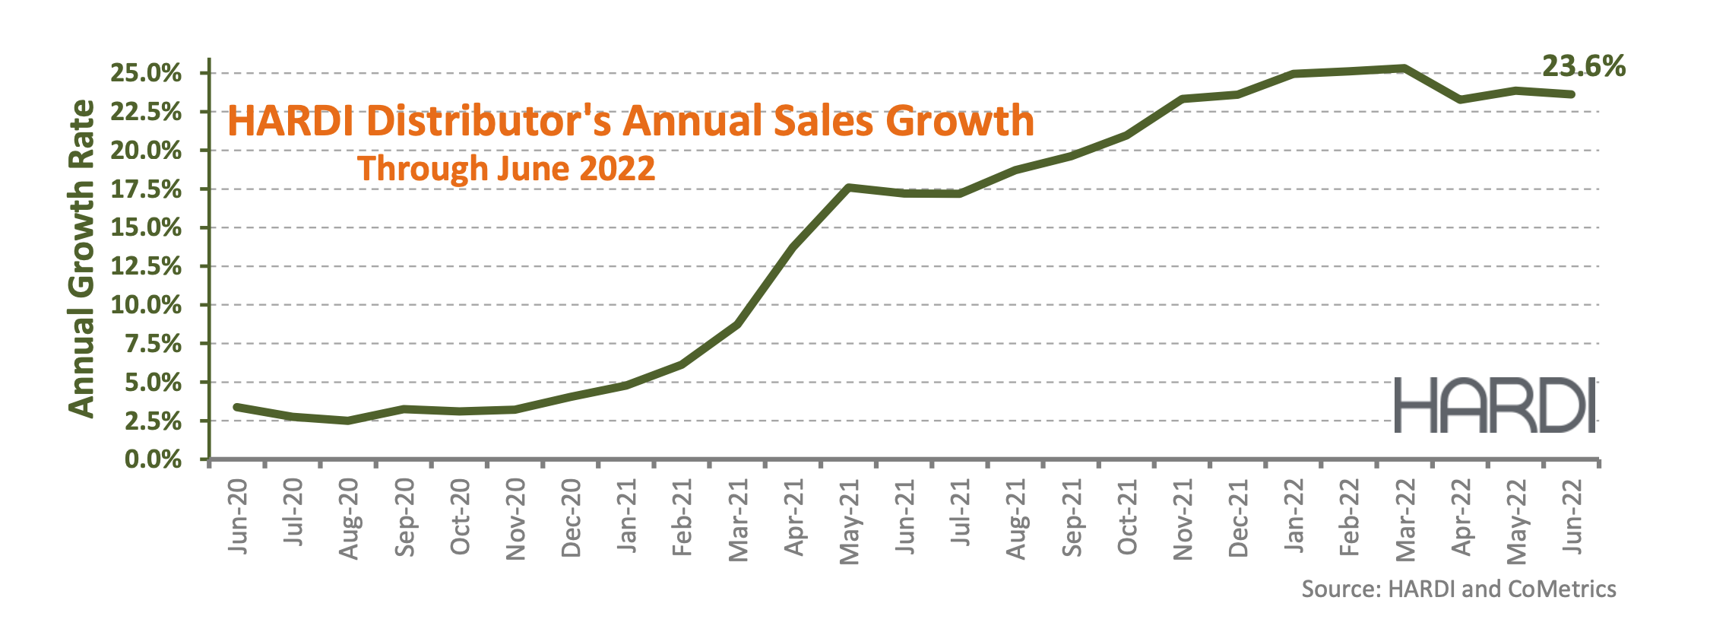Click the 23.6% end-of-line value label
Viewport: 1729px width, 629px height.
click(1584, 67)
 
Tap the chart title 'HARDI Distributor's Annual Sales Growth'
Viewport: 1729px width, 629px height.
click(631, 122)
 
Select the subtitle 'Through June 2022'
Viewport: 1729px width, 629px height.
click(506, 168)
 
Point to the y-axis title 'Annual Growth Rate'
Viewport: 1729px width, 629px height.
click(82, 259)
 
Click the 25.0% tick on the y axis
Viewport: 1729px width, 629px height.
click(146, 74)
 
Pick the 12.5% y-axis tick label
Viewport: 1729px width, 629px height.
click(146, 267)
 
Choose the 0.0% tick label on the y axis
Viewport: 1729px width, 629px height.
click(153, 459)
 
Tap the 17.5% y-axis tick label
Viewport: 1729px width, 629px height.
click(146, 189)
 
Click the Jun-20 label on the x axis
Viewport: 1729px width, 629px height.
click(239, 516)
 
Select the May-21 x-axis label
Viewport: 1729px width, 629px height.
click(850, 522)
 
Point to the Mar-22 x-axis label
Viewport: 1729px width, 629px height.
click(1406, 520)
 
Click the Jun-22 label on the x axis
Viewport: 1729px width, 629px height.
click(1572, 516)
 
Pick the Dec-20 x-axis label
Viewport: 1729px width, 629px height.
click(572, 519)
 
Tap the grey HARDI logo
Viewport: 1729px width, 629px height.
click(1494, 405)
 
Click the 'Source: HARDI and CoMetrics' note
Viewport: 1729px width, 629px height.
click(1458, 589)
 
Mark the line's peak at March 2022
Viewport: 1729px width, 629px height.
click(1404, 68)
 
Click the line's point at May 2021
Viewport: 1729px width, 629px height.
click(848, 187)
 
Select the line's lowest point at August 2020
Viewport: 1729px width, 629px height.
click(348, 421)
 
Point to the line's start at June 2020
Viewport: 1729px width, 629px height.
click(236, 407)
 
